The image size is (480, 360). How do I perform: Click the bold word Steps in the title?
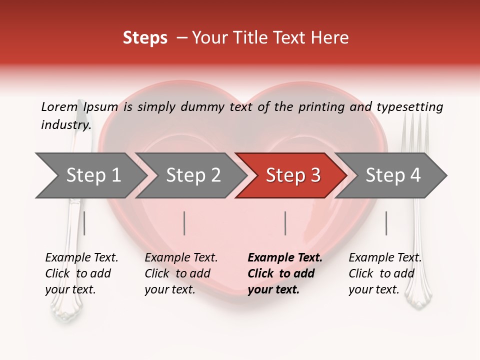pos(145,38)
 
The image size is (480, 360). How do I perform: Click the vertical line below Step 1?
pos(84,223)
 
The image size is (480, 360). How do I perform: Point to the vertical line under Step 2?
pos(184,223)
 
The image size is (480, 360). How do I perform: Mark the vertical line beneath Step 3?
pos(285,223)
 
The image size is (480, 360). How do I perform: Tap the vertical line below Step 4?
pos(386,223)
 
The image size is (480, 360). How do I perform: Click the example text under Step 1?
pos(81,273)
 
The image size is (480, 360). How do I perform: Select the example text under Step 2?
pos(181,273)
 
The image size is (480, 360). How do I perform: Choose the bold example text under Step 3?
pos(285,273)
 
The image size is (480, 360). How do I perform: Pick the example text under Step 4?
pos(385,273)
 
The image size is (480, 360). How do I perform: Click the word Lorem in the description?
pos(59,106)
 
